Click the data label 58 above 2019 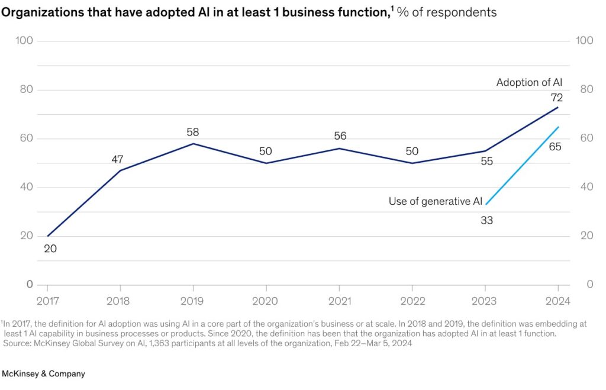coord(194,132)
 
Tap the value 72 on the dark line coord(557,98)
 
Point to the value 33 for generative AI coord(486,220)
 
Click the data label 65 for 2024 coord(555,147)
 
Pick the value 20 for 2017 coord(50,249)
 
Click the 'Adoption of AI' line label coord(529,82)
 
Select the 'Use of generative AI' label coord(435,201)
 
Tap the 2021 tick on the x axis coord(339,301)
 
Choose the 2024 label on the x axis coord(557,301)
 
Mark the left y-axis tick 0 coord(29,285)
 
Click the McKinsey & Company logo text coord(44,374)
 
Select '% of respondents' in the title coord(447,12)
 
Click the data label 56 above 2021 coord(340,136)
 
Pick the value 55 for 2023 coord(486,161)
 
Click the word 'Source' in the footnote coord(18,342)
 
